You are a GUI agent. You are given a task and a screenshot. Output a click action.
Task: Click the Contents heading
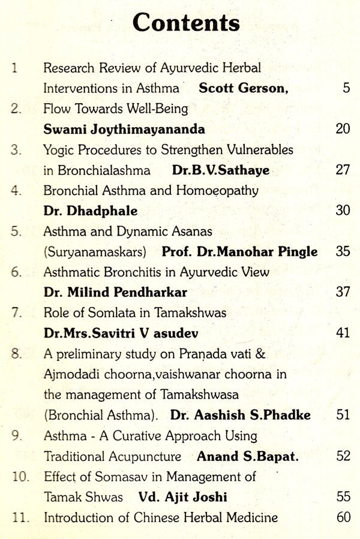(x=186, y=24)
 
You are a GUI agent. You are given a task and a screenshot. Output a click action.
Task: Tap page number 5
(x=346, y=88)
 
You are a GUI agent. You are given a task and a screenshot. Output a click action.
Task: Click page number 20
(x=343, y=129)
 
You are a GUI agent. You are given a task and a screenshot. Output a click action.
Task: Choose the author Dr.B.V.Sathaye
(x=220, y=170)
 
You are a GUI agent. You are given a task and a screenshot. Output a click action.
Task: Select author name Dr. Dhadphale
(x=91, y=211)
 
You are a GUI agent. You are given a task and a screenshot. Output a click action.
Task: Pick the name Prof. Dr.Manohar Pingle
(x=239, y=252)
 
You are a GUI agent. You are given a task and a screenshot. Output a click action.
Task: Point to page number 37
(x=343, y=293)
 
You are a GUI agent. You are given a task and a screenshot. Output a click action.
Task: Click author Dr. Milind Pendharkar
(x=115, y=293)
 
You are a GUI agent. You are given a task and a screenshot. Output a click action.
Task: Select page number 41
(x=343, y=333)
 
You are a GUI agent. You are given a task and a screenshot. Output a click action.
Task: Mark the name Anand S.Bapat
(x=248, y=456)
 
